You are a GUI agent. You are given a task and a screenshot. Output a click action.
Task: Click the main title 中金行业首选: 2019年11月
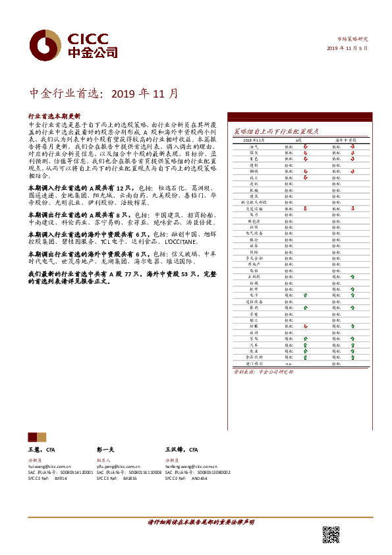(x=104, y=93)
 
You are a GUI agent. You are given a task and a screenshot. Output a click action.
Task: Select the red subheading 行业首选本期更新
(x=55, y=115)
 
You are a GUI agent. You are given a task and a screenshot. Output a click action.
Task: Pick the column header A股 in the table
(x=298, y=141)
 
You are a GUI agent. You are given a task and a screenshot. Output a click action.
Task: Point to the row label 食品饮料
(x=254, y=356)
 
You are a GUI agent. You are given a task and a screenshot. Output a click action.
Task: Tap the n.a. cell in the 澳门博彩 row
(x=289, y=363)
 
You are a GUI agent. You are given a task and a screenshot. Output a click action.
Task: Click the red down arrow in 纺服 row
(x=305, y=326)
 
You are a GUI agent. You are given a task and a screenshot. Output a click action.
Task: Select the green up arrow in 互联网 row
(x=353, y=277)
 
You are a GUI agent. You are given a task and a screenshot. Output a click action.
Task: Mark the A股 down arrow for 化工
(x=305, y=177)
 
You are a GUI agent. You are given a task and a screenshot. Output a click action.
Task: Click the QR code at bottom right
(x=331, y=535)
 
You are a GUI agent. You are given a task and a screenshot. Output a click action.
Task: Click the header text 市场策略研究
(x=354, y=39)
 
